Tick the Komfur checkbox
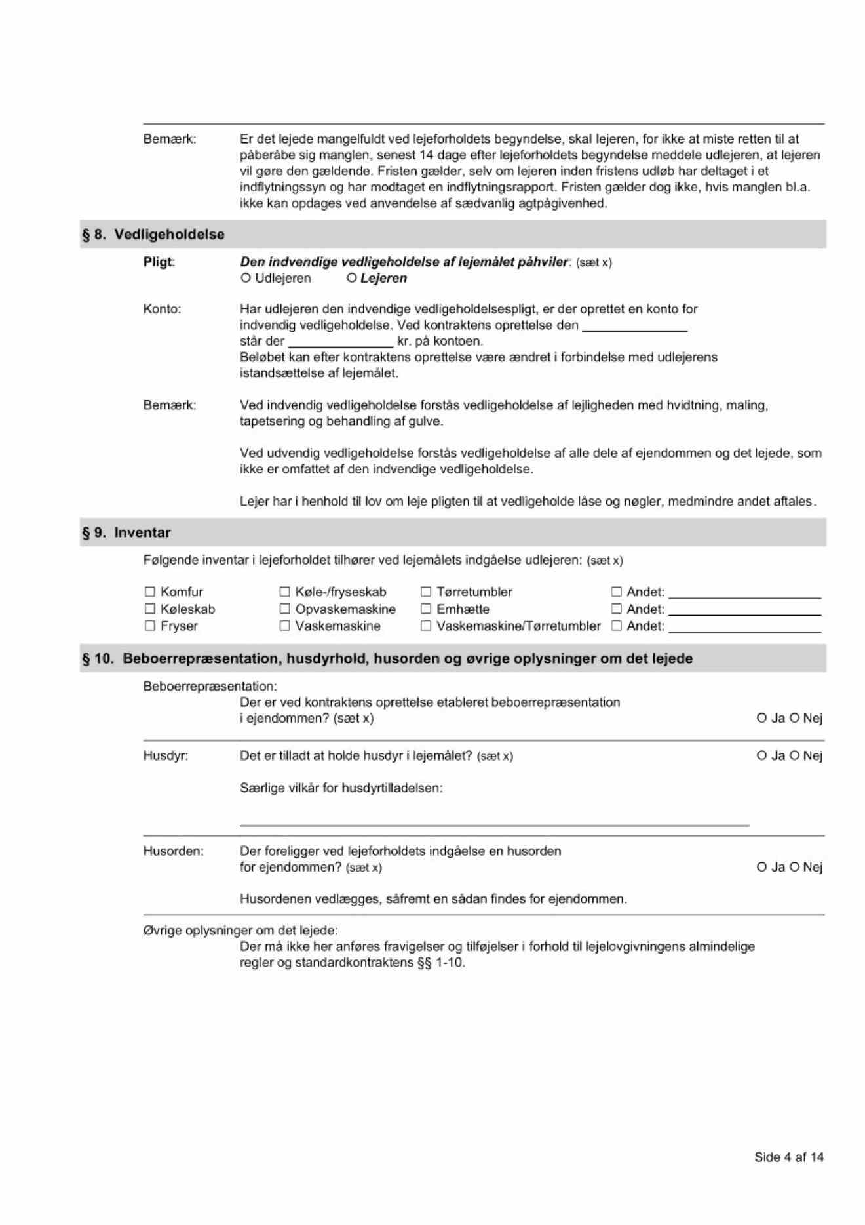click(x=150, y=592)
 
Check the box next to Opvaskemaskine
click(x=284, y=609)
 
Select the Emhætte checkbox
click(x=426, y=609)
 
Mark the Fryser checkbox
click(x=150, y=626)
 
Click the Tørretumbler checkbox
click(x=426, y=592)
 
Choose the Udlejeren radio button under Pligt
click(x=246, y=278)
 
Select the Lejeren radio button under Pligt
click(x=352, y=278)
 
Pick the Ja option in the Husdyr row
click(x=761, y=755)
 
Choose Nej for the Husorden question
click(x=795, y=867)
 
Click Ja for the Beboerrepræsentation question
click(x=761, y=718)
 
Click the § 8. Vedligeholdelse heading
click(x=153, y=234)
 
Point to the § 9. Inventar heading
click(x=126, y=532)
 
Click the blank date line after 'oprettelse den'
click(x=634, y=327)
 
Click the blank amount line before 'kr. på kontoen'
click(x=341, y=342)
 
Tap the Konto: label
click(x=162, y=309)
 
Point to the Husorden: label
click(x=173, y=851)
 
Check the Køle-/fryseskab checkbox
click(x=284, y=592)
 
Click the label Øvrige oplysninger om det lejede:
click(x=240, y=930)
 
